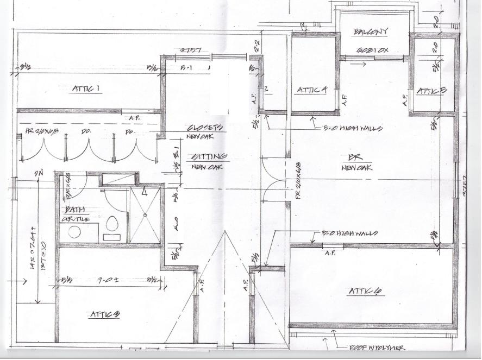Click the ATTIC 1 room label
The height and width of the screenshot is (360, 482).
[x=87, y=89]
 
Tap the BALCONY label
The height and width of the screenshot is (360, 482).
[x=371, y=32]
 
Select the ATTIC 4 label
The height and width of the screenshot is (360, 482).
[x=311, y=91]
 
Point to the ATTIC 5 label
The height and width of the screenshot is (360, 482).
[x=431, y=91]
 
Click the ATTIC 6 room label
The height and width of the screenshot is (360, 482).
[x=365, y=292]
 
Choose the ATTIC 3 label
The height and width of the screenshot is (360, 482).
[x=104, y=314]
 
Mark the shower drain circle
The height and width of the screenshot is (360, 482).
[x=145, y=216]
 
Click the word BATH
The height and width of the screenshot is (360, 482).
[x=74, y=210]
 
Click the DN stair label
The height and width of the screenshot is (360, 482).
[x=39, y=174]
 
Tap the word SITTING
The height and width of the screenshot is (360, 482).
[x=206, y=157]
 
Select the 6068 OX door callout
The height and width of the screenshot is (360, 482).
[x=372, y=50]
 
